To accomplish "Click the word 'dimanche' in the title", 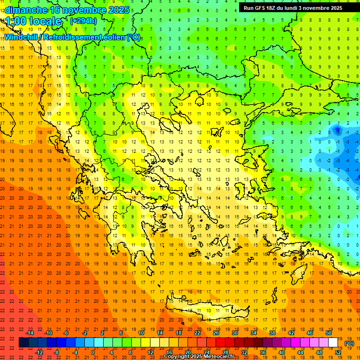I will click(x=25, y=10).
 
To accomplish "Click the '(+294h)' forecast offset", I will click(x=83, y=21).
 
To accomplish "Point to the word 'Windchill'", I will click(x=21, y=37).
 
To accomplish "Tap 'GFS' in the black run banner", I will click(x=263, y=8).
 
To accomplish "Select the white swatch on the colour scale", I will click(x=333, y=343).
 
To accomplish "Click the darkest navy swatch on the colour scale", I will click(x=23, y=343).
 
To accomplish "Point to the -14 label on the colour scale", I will click(x=29, y=333).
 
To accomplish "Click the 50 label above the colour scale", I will click(x=329, y=333).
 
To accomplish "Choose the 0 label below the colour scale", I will click(x=93, y=352).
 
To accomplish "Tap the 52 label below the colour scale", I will click(x=338, y=352).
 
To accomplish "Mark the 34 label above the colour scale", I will click(x=254, y=333).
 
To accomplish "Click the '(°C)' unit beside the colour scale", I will click(x=349, y=343).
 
